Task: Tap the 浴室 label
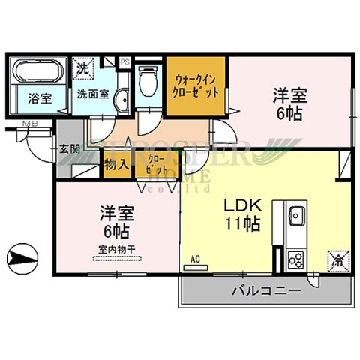pos(39,97)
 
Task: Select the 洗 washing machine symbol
pos(82,67)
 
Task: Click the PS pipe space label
pos(125,61)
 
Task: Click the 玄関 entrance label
pos(69,148)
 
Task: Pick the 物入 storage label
pos(116,163)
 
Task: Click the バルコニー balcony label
pos(265,289)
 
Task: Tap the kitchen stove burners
pos(294,260)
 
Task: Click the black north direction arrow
pos(22,259)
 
